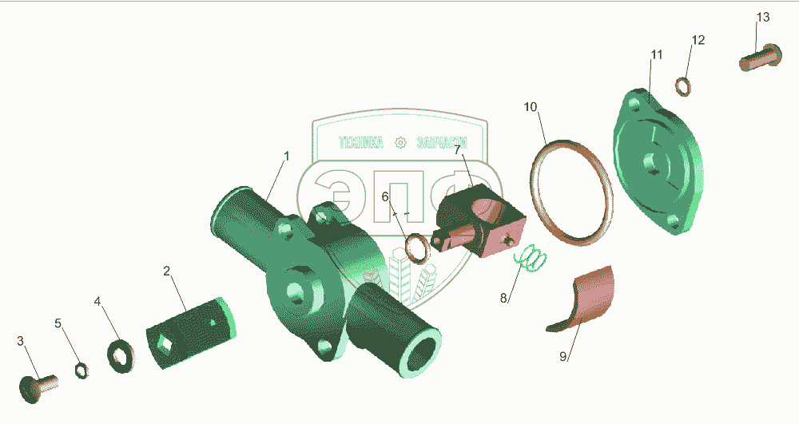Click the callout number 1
pos(286,156)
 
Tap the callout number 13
pos(763,17)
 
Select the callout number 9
pos(562,356)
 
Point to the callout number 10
pos(531,106)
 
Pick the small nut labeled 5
pos(81,370)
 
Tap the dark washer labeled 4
pos(121,355)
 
